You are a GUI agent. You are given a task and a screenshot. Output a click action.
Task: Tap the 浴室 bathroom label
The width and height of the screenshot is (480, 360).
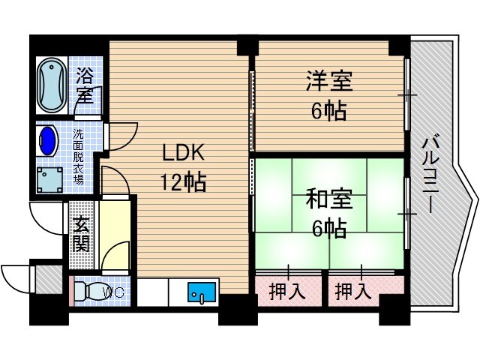(84, 85)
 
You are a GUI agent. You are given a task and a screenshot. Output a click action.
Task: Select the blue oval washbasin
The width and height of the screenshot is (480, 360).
(48, 140)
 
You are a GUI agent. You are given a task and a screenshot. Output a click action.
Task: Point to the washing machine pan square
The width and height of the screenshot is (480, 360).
(52, 180)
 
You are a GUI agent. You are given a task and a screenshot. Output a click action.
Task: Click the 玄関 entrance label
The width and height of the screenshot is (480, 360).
(81, 232)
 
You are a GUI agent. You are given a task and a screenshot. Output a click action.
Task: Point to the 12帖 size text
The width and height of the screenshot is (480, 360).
(181, 181)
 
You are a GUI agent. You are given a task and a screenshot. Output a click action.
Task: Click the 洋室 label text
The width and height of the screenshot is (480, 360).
(328, 80)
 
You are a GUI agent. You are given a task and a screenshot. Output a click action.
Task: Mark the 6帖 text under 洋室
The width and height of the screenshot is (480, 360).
(328, 110)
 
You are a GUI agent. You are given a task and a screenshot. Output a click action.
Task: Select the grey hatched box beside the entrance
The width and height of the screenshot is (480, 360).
(49, 280)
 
